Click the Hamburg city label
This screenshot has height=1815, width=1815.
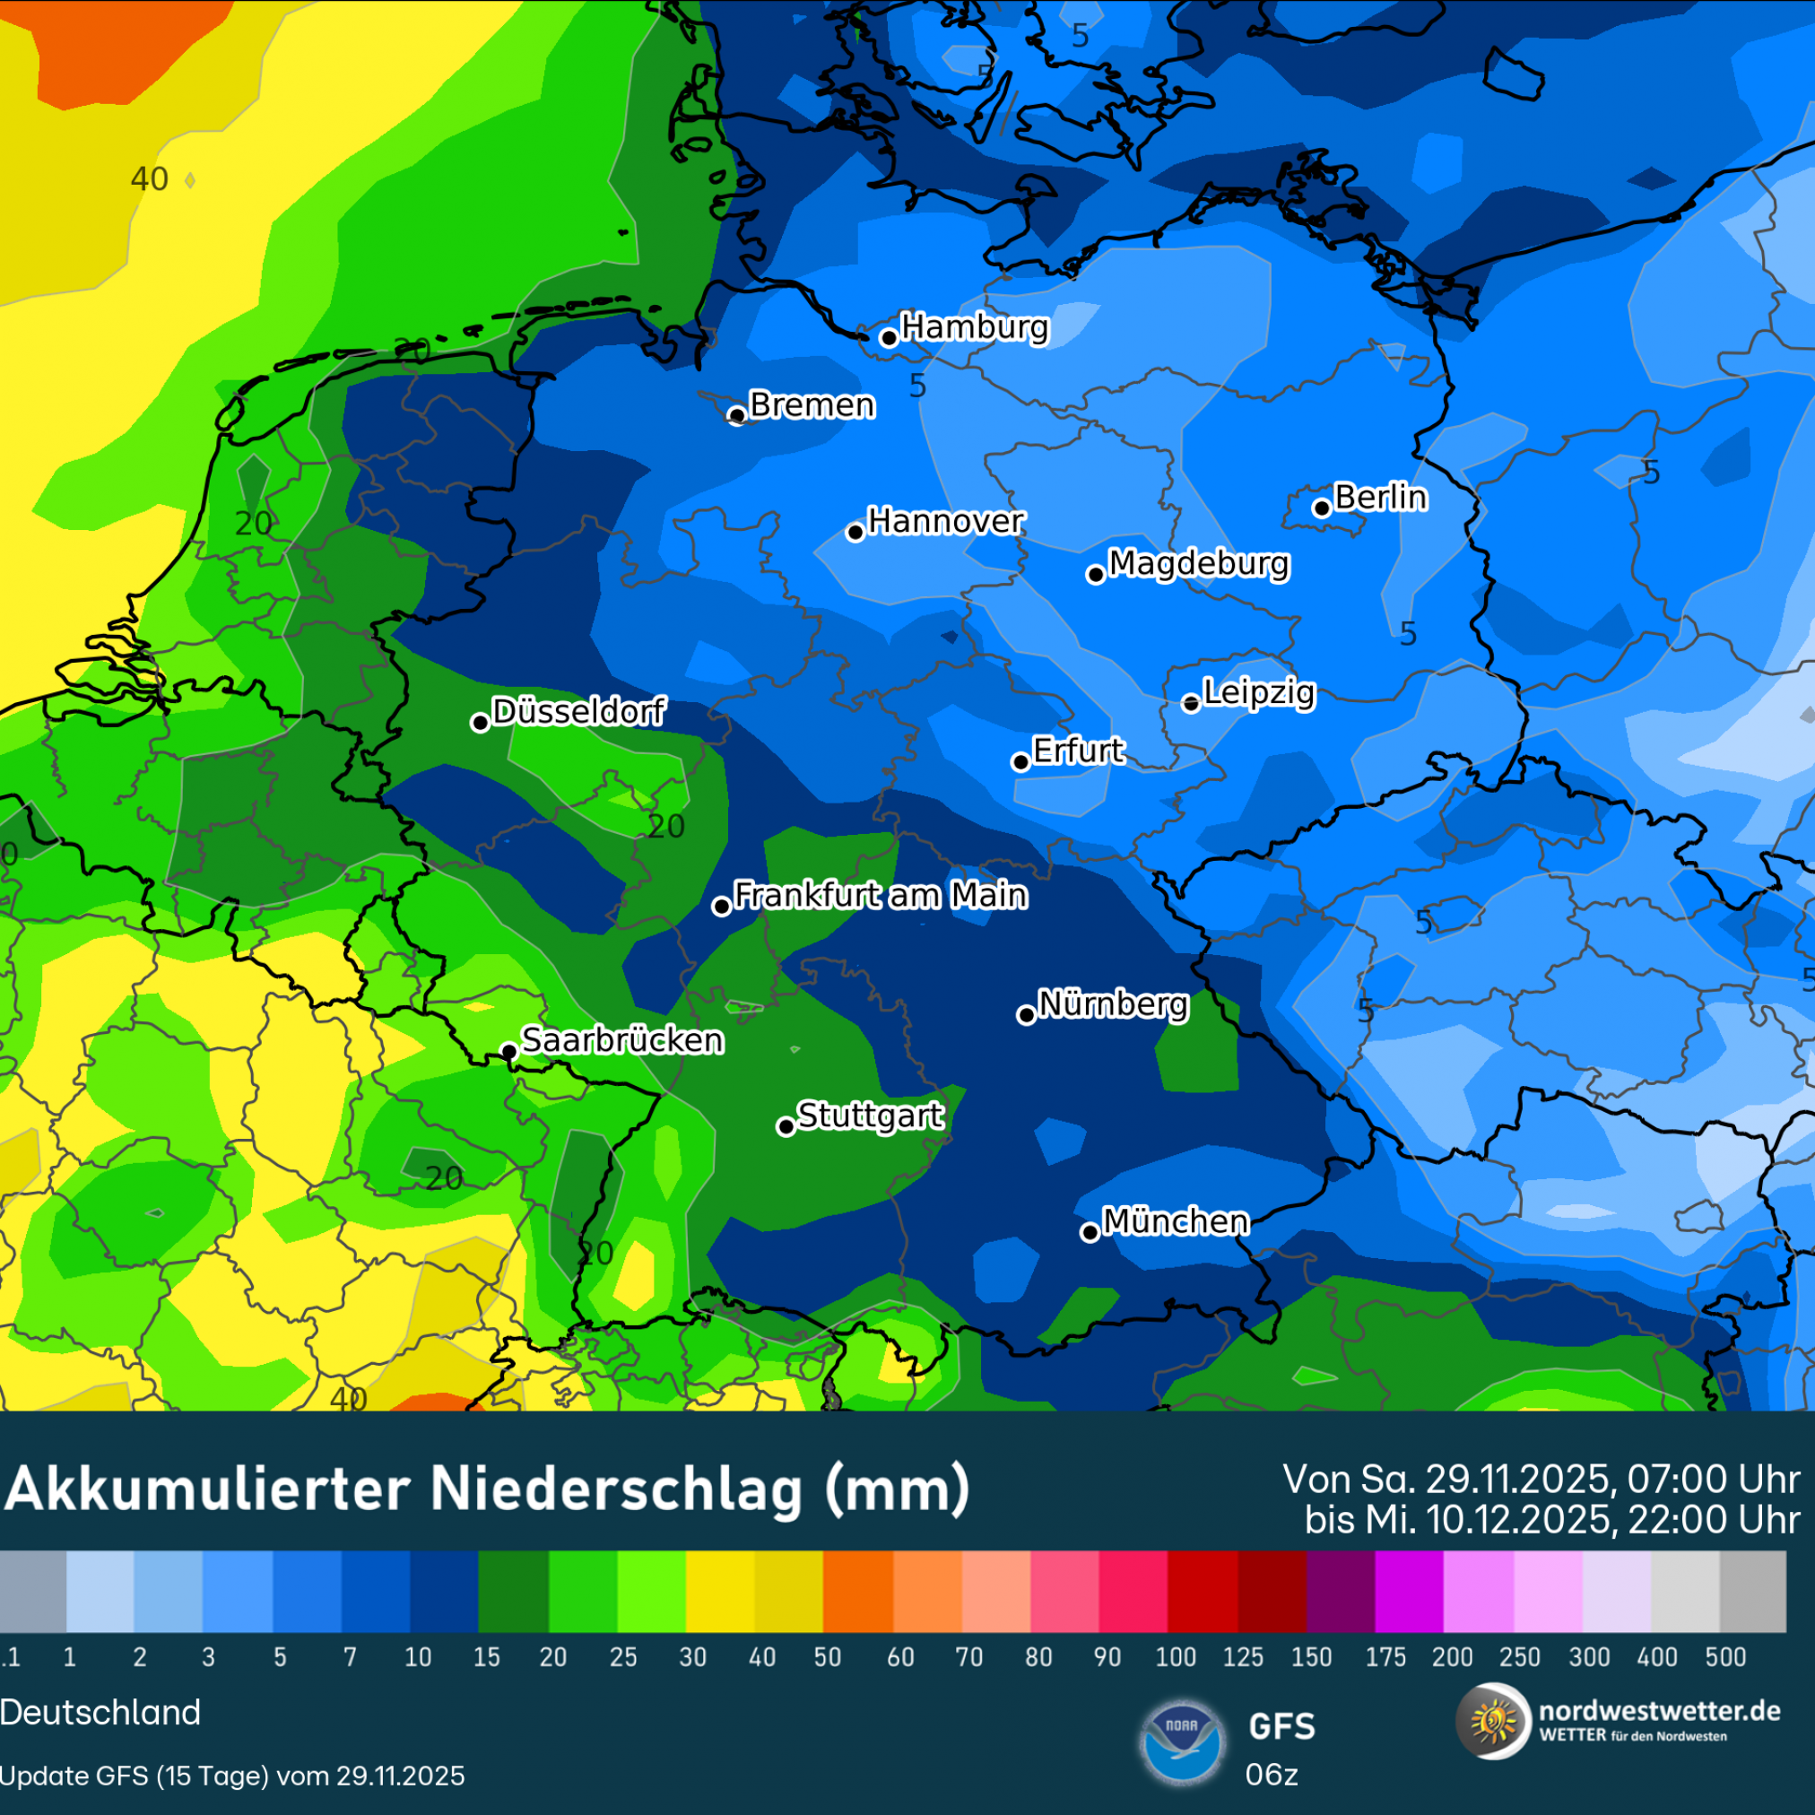pos(974,327)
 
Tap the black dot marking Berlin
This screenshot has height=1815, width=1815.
pos(1322,508)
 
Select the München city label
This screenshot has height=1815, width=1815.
pos(1176,1221)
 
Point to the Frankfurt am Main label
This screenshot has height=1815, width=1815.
pos(881,895)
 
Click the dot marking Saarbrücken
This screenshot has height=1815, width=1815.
pos(508,1050)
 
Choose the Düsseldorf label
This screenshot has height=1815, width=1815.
pos(578,711)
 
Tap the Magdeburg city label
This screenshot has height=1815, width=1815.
pos(1199,564)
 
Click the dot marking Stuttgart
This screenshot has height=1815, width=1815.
pos(786,1126)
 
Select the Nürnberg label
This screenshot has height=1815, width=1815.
pos(1113,1004)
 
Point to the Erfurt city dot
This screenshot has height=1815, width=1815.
pos(1021,762)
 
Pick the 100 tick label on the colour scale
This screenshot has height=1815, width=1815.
pos(1176,1657)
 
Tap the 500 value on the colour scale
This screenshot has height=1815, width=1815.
pos(1725,1657)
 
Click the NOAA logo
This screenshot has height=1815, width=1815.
pos(1181,1743)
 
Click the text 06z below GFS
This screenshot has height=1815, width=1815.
pos(1271,1775)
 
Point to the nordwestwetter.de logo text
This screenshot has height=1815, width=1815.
pos(1659,1711)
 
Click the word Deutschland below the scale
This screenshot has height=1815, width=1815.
pos(100,1713)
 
